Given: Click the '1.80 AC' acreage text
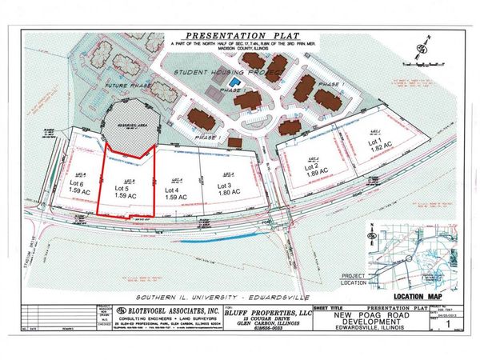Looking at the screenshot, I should point(229,194).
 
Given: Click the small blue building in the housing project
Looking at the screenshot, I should point(234,82).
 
